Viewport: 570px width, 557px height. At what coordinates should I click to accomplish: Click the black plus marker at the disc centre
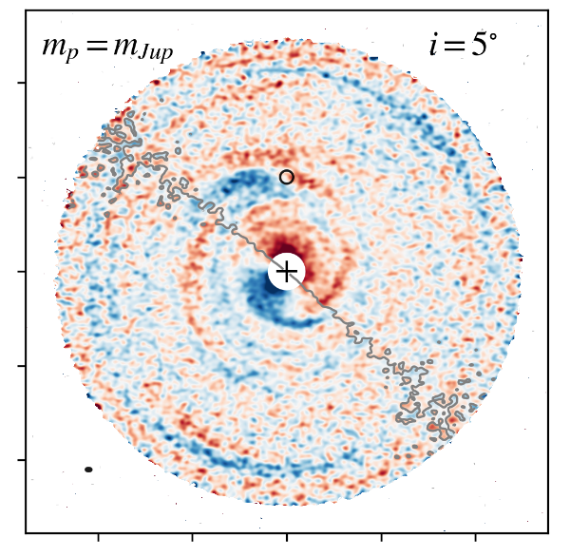click(x=286, y=272)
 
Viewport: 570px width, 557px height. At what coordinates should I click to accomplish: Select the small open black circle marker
click(x=287, y=177)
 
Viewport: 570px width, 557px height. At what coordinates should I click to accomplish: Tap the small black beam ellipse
click(x=88, y=470)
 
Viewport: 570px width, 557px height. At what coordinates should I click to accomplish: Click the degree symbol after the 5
click(x=493, y=36)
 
